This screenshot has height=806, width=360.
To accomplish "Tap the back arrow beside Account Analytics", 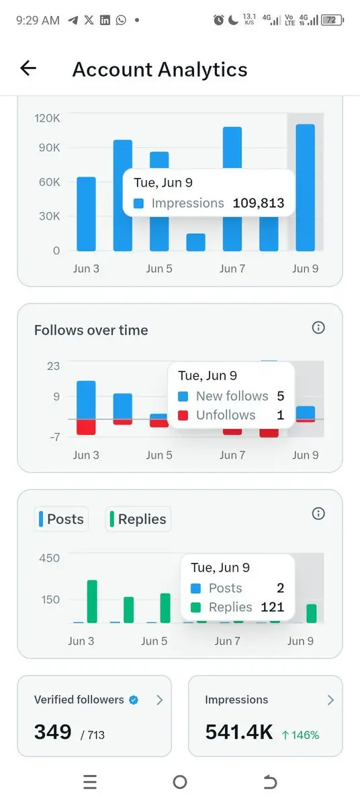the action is coord(28,69).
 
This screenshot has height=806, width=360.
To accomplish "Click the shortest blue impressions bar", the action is coord(195,242).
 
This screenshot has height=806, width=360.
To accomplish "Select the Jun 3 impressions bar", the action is coord(87,214).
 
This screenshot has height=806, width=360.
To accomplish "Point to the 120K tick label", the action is coord(47,118).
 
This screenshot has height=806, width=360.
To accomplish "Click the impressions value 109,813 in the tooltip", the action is coord(259,204).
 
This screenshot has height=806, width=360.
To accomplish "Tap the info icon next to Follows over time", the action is coord(318,328).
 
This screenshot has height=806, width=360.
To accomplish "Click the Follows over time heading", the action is coord(91,330).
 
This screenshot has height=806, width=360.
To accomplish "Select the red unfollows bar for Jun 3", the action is coord(87,427).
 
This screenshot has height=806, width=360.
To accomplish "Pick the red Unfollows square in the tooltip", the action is coord(183,415).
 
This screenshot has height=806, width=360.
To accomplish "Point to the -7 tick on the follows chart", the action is coord(55,437).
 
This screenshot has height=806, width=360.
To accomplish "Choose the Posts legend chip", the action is coord(62,519).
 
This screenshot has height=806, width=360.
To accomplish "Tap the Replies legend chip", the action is coord(138,519).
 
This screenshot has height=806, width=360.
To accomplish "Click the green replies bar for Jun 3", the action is coord(93,601).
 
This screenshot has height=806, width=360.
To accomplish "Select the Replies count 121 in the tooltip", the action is coord(272,607).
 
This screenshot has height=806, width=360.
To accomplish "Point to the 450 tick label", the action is coord(50,558).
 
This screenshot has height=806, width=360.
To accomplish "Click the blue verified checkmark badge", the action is coord(134,700).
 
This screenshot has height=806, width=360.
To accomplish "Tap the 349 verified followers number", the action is coord(53,732).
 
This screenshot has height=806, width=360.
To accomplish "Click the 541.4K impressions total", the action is coord(239,732).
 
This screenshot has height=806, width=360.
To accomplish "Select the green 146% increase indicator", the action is coord(301,735).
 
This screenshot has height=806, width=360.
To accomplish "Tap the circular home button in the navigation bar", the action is coord(180,782).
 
